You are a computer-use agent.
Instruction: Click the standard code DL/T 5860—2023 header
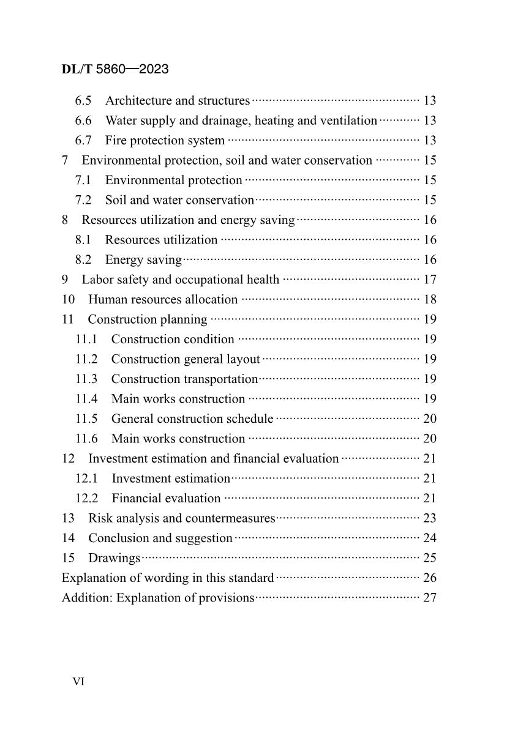(115, 69)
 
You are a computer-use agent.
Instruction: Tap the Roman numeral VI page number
(78, 682)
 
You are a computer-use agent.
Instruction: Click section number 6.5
(84, 101)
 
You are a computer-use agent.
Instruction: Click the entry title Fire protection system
(165, 141)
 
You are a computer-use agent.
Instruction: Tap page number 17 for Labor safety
(429, 280)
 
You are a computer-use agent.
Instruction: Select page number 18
(429, 300)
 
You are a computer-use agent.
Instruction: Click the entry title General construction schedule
(192, 419)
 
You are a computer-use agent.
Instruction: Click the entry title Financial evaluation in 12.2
(166, 499)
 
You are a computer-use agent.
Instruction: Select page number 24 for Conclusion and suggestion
(429, 538)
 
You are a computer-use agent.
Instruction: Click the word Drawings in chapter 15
(115, 559)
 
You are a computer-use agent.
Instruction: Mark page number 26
(429, 578)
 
